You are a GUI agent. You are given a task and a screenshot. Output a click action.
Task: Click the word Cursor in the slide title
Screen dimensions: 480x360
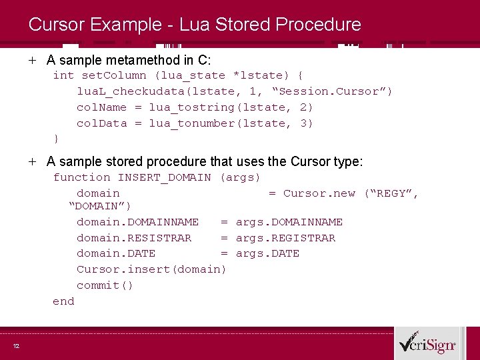click(x=54, y=25)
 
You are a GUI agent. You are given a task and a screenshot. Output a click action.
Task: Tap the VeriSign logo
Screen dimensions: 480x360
click(x=427, y=343)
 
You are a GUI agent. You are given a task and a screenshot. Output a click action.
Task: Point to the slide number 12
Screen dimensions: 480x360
click(x=15, y=345)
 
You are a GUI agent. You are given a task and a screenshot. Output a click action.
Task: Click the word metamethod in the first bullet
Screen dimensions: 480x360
click(x=136, y=59)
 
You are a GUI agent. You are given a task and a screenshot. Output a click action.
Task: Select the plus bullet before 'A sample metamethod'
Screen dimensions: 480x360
click(x=32, y=59)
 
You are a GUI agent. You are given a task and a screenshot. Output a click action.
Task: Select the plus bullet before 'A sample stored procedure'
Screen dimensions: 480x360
click(x=32, y=161)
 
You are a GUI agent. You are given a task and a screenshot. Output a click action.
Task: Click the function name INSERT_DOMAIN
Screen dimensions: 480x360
click(x=164, y=177)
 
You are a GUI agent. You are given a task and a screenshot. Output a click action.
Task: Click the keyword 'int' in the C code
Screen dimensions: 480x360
click(x=63, y=75)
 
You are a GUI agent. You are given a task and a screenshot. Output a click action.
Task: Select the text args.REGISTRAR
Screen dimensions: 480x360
click(x=285, y=238)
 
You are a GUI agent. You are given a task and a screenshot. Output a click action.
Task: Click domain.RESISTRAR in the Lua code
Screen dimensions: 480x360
click(x=134, y=238)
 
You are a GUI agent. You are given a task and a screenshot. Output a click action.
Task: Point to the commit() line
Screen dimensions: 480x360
click(x=105, y=285)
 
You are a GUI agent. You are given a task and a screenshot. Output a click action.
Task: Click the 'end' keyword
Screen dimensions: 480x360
click(x=63, y=301)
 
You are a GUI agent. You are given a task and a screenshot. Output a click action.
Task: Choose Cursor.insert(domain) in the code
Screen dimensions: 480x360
click(x=151, y=269)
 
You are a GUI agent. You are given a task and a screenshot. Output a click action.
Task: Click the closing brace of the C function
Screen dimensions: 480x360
click(x=57, y=139)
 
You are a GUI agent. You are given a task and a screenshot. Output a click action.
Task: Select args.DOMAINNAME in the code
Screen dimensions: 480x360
click(x=289, y=222)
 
